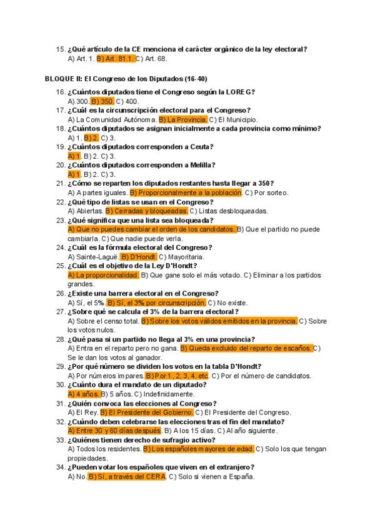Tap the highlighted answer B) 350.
point(102,101)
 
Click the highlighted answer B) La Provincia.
point(182,119)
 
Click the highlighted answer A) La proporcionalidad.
point(102,275)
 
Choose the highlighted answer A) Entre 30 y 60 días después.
point(114,431)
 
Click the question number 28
point(60,339)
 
